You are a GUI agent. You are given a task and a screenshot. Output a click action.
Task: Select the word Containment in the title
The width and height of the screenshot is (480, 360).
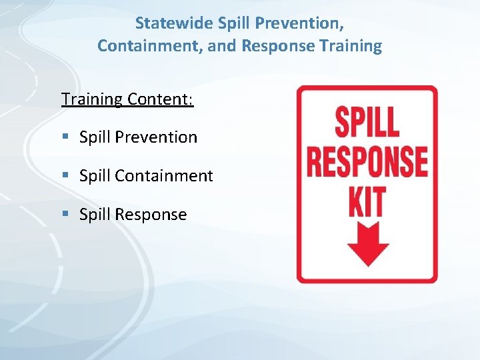(139, 46)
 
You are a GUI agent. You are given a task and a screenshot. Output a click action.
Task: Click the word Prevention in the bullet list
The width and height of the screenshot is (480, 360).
(156, 137)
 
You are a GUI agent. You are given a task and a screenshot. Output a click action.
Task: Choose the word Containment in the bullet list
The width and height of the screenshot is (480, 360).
(164, 176)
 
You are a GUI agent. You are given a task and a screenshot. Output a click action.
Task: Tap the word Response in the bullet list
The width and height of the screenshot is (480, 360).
(151, 215)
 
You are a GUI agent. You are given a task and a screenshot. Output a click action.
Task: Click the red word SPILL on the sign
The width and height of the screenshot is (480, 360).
(366, 123)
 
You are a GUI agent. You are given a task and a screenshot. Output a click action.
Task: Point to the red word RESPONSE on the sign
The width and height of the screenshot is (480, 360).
(367, 161)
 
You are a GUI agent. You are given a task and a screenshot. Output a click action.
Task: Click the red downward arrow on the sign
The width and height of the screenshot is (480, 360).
(367, 244)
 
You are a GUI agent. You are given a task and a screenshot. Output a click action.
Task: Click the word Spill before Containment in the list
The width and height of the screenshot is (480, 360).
(95, 176)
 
